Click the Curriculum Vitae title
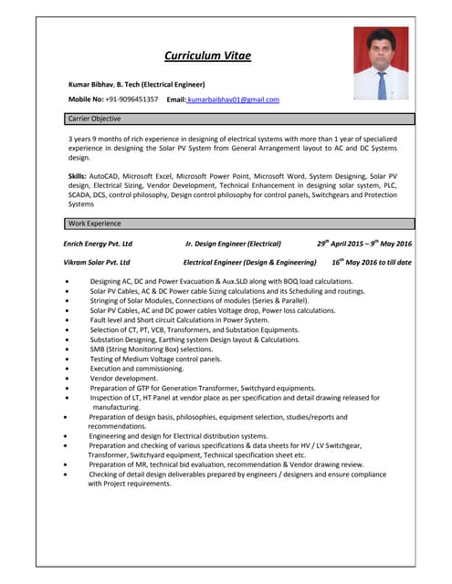point(207,56)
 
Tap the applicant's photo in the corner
point(381,63)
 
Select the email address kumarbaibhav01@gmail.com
point(233,99)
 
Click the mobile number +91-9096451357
point(133,99)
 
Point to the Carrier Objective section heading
point(94,119)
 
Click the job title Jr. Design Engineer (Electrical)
point(233,244)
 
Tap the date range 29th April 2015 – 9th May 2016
point(363,244)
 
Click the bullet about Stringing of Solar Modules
point(198,300)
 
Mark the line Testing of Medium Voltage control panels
point(155,359)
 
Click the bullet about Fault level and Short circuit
point(179,320)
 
